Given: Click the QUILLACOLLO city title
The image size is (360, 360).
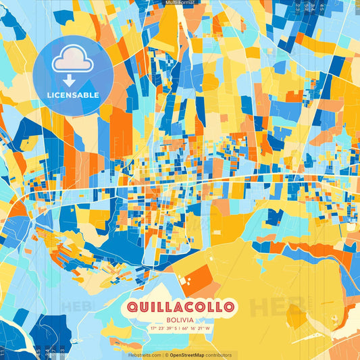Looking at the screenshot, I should tap(180, 307).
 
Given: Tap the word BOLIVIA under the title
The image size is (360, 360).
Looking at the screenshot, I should tap(180, 319).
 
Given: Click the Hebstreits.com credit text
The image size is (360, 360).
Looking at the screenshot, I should tap(145, 355).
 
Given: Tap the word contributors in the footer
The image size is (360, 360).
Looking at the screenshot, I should tap(219, 355).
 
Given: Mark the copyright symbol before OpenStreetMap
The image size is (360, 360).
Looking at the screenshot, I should tap(167, 355).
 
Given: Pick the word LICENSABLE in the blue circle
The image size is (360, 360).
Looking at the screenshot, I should tap(73, 95).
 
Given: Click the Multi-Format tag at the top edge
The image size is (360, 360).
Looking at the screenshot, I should tap(180, 3).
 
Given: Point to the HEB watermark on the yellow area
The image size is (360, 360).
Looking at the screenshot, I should tap(274, 307).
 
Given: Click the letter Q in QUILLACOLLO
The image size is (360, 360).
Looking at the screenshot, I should tap(130, 307).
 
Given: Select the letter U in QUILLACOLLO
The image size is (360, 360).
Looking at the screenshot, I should tap(143, 307).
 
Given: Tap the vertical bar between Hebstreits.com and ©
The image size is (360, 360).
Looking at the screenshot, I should tap(163, 355).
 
